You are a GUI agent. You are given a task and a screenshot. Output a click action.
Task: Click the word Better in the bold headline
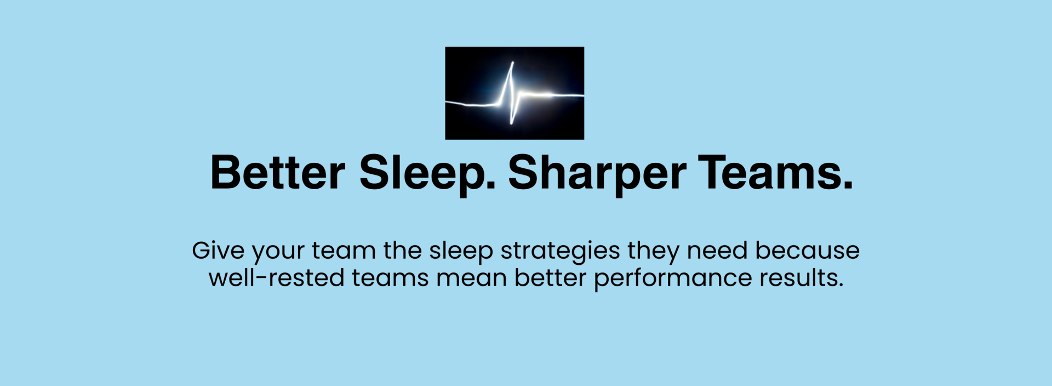[x=278, y=173]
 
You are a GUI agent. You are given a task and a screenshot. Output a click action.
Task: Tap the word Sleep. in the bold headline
[x=427, y=174]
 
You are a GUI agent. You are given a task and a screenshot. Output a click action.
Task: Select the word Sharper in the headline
[x=597, y=174]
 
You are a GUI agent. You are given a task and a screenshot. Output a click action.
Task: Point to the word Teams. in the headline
[x=776, y=172]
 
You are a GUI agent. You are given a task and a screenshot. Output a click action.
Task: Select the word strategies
[x=560, y=252]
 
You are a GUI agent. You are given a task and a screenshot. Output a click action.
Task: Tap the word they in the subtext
[x=653, y=252]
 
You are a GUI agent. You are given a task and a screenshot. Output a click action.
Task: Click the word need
[x=717, y=250]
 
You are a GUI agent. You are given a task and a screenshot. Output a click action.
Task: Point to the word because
[x=808, y=250]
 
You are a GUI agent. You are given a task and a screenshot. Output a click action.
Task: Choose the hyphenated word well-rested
[x=277, y=277]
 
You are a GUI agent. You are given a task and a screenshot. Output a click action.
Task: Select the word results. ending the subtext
[x=801, y=277]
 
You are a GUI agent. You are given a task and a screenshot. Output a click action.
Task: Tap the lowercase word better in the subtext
[x=551, y=277]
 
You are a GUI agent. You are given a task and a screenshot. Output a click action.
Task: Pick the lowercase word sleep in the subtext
[x=461, y=252]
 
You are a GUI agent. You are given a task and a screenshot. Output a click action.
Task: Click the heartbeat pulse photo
[x=514, y=93]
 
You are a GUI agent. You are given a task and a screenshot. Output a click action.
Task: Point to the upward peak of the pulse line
[x=512, y=63]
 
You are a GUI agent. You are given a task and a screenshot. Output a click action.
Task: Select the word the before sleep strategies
[x=402, y=250]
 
